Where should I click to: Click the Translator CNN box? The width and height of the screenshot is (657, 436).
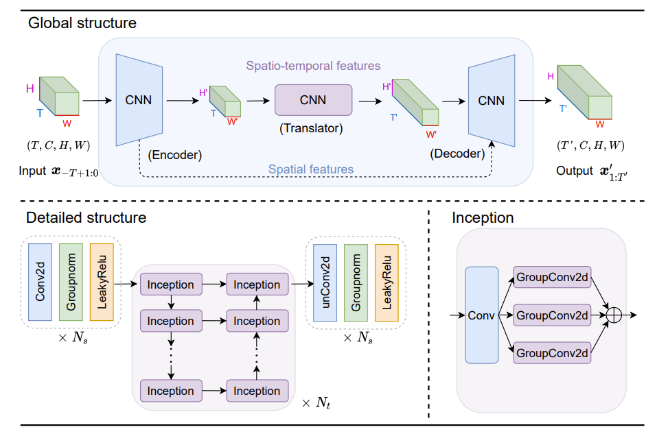(x=313, y=100)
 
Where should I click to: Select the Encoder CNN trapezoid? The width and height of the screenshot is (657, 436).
(x=139, y=100)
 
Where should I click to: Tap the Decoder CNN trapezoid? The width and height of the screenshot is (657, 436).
(x=491, y=101)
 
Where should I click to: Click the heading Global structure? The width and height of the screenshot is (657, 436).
(x=82, y=23)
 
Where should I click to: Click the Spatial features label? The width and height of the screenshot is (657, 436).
(x=311, y=169)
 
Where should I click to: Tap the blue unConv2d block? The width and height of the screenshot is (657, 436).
(x=325, y=283)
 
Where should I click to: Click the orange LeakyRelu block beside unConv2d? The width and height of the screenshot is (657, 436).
(x=387, y=283)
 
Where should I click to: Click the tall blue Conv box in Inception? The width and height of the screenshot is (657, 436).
(x=481, y=315)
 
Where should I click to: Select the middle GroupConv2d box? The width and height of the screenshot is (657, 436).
(x=551, y=315)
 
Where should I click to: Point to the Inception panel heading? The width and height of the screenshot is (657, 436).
(x=483, y=218)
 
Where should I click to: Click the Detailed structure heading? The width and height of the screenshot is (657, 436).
(x=86, y=218)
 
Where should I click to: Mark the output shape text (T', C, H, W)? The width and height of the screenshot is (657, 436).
(x=590, y=146)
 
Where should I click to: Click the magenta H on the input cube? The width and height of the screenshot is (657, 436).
(x=30, y=88)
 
